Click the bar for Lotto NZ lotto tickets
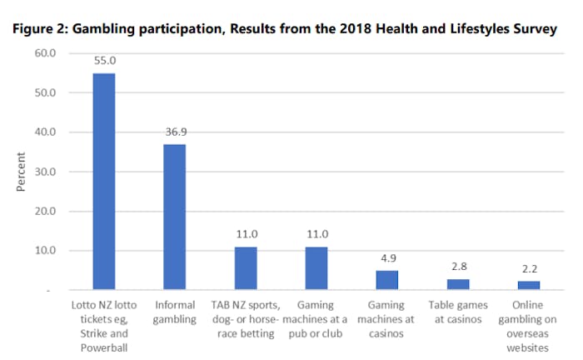pos(103,182)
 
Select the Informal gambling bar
pos(174,217)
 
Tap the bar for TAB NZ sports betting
pos(246,268)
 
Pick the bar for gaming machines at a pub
pos(316,268)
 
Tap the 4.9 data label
pos(387,259)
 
